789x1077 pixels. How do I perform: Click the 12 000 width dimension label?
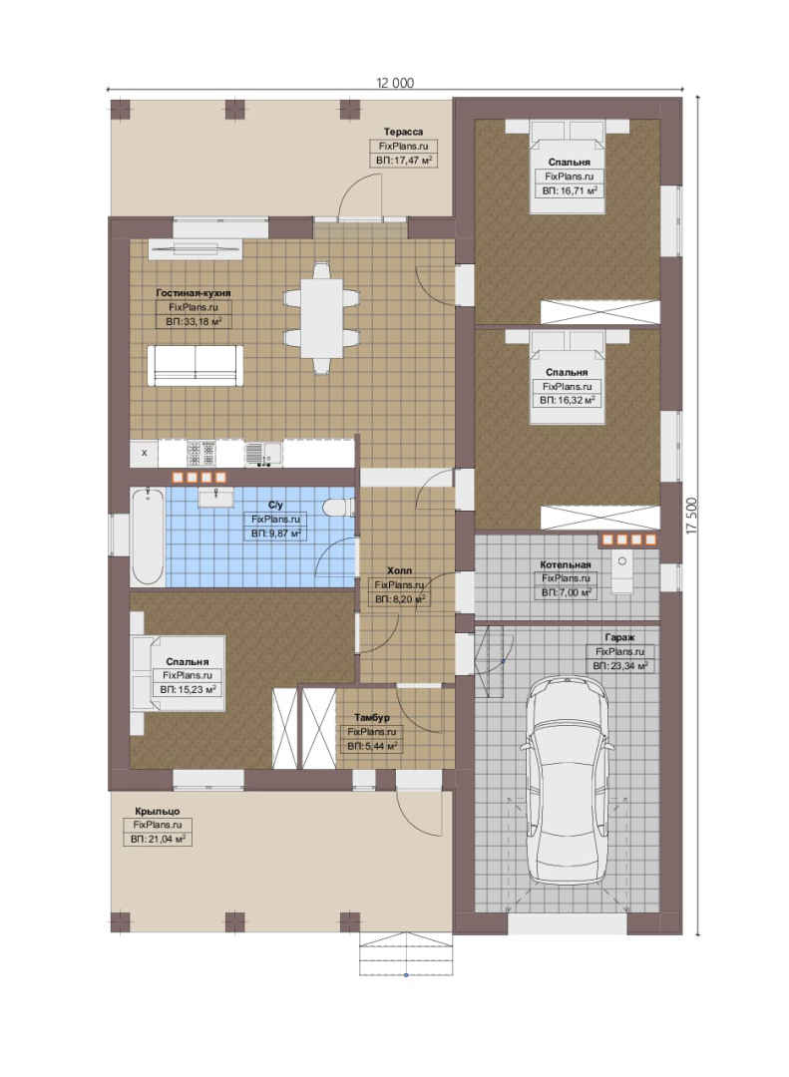coord(395,83)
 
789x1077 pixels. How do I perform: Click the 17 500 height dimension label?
coord(691,516)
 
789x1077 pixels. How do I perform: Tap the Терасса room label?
coord(403,132)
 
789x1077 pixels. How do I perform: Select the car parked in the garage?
coord(566,779)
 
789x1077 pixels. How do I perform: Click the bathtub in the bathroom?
coord(148,536)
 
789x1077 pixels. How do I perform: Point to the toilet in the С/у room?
coord(339,508)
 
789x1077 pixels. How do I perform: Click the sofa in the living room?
coord(196,365)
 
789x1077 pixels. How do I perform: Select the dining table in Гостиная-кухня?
coord(321,317)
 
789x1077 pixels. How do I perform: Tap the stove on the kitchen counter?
coord(200,453)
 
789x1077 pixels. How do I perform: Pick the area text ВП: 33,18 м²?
coord(194,321)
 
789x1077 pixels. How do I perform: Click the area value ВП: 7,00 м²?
coord(566,592)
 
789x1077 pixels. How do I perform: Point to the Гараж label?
coord(620,637)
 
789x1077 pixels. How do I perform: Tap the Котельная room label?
coord(566,564)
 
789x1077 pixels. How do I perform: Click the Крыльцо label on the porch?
coord(158,811)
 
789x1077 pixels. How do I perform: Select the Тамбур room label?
coord(372,718)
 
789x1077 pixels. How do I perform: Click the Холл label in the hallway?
coord(399,570)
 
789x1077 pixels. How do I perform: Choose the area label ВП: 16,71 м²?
coord(570,190)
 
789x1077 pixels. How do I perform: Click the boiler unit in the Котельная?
coord(622,573)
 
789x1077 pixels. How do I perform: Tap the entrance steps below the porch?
coord(406,954)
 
